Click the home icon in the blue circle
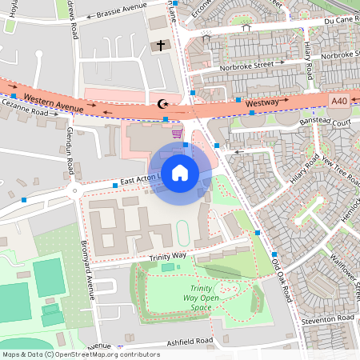180,172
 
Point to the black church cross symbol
160,46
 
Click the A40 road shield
339,101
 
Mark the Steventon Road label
327,319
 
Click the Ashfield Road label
190,341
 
